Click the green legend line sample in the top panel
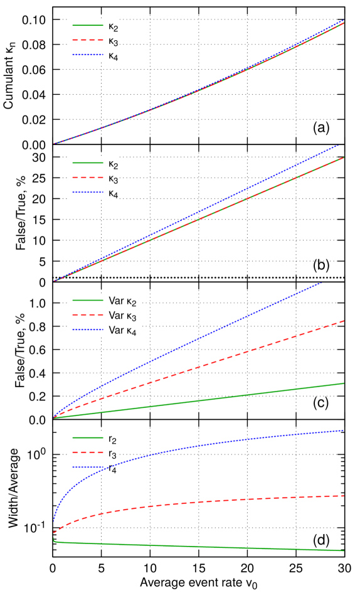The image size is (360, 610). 88,25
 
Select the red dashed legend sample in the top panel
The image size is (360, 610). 88,40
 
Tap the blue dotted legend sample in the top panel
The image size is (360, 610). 88,55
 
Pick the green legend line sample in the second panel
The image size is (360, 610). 88,163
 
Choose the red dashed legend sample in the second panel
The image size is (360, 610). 88,178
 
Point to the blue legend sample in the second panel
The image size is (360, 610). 88,192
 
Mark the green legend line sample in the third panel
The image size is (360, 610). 88,300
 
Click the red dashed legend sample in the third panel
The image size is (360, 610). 88,315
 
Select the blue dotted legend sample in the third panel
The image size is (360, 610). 88,329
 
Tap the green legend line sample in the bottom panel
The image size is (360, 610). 88,437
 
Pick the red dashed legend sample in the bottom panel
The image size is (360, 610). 88,452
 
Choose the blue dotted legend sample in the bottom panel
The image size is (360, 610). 88,467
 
